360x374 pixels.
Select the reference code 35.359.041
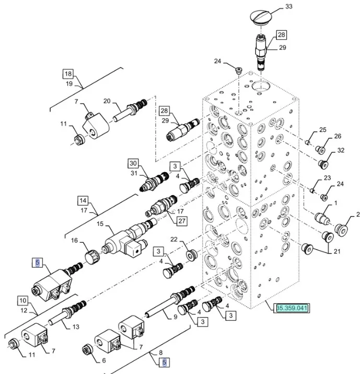click(293, 308)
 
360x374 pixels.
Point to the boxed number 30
click(133, 163)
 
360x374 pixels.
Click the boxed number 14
click(83, 201)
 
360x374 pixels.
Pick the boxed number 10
click(22, 301)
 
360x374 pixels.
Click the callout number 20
click(107, 101)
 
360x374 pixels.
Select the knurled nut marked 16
click(91, 256)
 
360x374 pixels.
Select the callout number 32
click(341, 151)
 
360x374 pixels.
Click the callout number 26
click(338, 137)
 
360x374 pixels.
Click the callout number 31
click(133, 174)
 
